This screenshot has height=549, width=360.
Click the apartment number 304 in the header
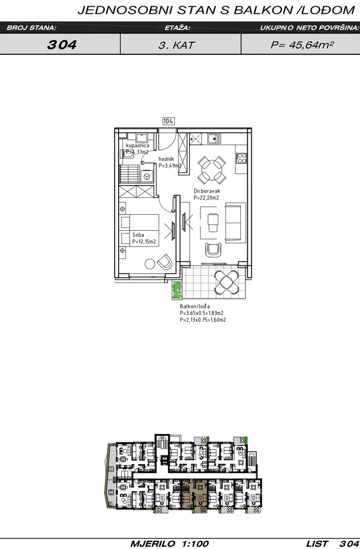(x=62, y=45)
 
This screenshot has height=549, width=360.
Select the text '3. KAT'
(x=176, y=45)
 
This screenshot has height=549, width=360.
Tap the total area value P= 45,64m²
(x=302, y=45)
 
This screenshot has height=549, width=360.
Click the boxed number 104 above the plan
(x=168, y=121)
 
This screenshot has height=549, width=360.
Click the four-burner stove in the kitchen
(x=242, y=158)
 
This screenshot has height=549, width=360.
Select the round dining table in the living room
(x=212, y=170)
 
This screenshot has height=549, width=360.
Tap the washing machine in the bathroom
(x=147, y=176)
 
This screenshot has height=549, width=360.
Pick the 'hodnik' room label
(x=166, y=159)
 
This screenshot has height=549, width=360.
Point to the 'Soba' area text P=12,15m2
(x=143, y=241)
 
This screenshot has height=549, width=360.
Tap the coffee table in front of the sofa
(x=213, y=223)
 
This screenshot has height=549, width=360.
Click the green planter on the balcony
(x=177, y=290)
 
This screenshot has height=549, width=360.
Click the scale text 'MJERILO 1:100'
(x=169, y=544)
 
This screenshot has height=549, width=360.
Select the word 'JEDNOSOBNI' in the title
(x=125, y=11)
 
